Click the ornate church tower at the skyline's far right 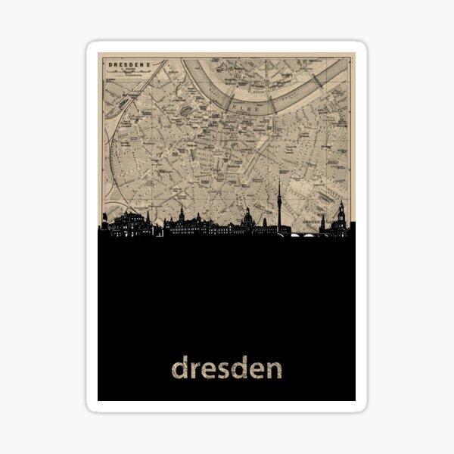[x=342, y=216]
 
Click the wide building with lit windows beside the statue [x=129, y=225]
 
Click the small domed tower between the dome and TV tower [x=263, y=222]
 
